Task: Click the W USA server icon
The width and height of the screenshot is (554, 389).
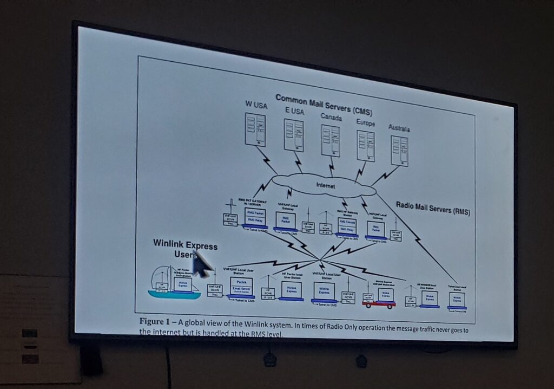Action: [255, 129]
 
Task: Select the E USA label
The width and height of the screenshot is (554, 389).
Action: [294, 111]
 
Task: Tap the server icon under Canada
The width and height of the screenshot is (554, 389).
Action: [331, 141]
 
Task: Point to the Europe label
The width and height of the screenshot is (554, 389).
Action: [366, 123]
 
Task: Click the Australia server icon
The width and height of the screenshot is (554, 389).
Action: [400, 151]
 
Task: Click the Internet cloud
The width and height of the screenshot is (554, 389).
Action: [325, 186]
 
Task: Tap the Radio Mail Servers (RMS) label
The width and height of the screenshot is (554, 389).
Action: [433, 209]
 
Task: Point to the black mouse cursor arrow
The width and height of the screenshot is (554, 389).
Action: [201, 265]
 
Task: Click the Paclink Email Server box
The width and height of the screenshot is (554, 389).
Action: [241, 287]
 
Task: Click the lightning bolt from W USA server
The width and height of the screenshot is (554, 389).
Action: [266, 160]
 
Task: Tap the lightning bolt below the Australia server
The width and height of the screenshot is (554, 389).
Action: [385, 175]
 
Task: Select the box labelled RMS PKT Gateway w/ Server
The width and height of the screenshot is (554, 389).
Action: [254, 217]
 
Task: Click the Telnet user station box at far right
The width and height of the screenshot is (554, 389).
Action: [457, 300]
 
